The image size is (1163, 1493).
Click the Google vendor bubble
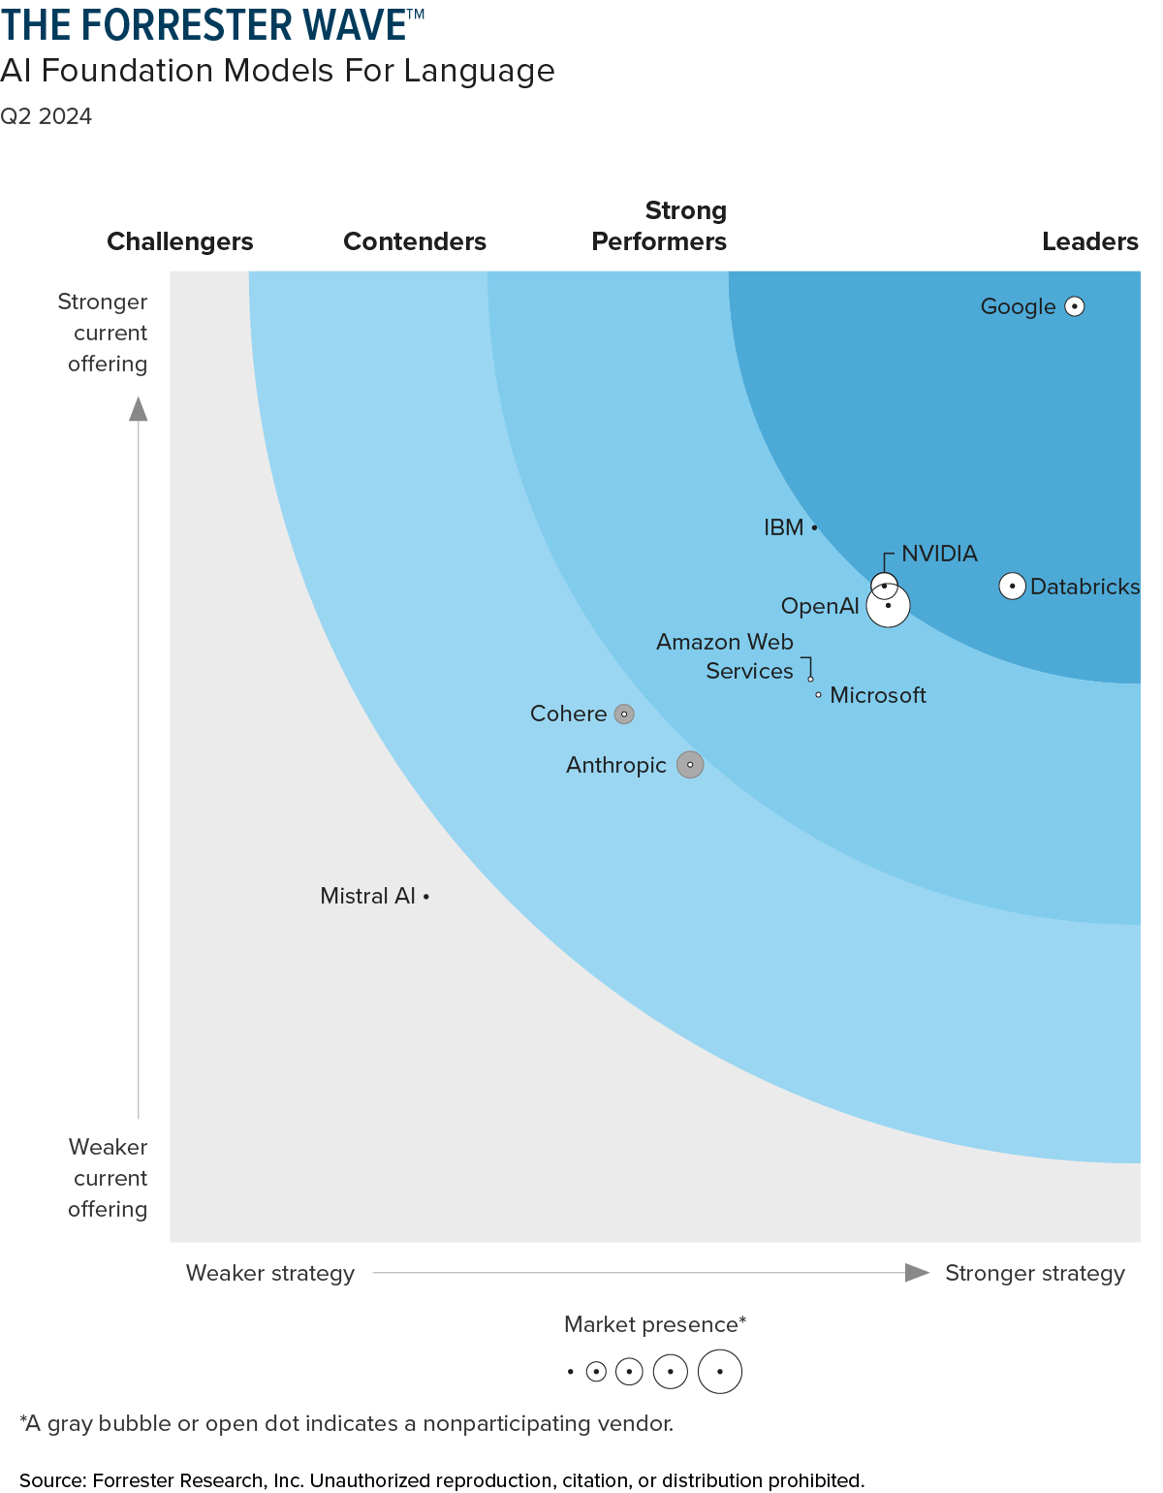click(1074, 306)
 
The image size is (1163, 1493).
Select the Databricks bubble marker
click(1012, 587)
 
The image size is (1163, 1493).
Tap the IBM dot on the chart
click(814, 527)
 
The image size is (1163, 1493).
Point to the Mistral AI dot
click(426, 897)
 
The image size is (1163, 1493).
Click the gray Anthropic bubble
click(690, 765)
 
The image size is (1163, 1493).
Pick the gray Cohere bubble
click(625, 715)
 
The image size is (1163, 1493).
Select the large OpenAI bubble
click(889, 607)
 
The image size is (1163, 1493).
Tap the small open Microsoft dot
click(818, 695)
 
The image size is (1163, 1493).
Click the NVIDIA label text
click(939, 554)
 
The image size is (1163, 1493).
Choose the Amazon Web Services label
click(725, 656)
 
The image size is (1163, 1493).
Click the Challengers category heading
click(179, 241)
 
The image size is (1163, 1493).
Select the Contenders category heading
click(415, 241)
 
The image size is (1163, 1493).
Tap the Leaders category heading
click(1089, 241)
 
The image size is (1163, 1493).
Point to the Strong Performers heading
click(660, 226)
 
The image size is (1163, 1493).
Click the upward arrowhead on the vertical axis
click(139, 409)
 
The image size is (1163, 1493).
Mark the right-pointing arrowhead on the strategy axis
click(917, 1273)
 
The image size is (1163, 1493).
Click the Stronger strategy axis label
click(1035, 1273)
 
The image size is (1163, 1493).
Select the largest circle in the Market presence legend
click(720, 1372)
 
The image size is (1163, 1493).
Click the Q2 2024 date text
click(47, 116)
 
